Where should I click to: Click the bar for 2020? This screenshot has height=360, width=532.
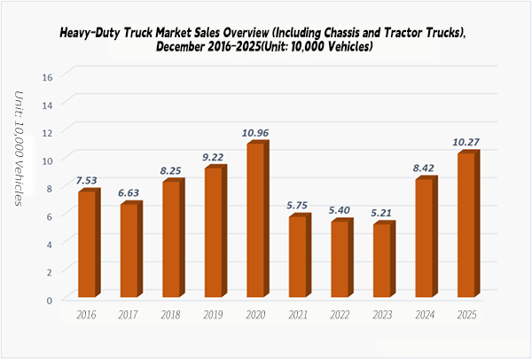(x=254, y=221)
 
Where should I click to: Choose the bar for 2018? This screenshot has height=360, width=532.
(x=171, y=239)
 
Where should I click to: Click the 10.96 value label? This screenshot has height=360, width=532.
(x=255, y=134)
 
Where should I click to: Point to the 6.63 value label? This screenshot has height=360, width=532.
(x=129, y=194)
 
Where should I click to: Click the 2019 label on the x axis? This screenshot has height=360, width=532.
(x=213, y=314)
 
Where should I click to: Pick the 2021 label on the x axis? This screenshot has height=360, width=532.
(x=297, y=314)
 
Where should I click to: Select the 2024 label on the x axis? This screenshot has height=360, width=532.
(x=424, y=314)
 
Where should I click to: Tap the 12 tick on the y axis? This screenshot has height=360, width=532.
(x=50, y=133)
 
